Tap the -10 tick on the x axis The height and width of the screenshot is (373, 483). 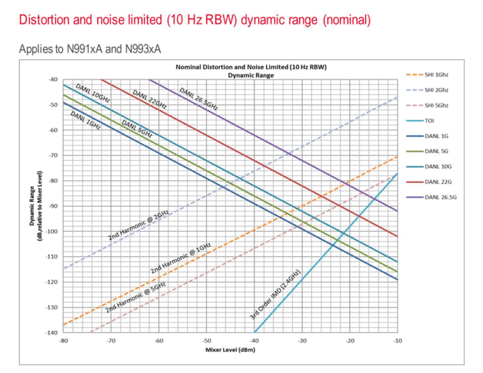397,341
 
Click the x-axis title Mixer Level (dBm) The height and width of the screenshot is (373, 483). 230,350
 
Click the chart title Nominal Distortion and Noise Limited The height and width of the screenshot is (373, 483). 251,67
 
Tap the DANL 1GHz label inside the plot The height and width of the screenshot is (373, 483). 85,120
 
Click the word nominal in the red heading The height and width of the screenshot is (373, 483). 347,20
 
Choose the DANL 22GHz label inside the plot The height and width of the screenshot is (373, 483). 150,99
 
